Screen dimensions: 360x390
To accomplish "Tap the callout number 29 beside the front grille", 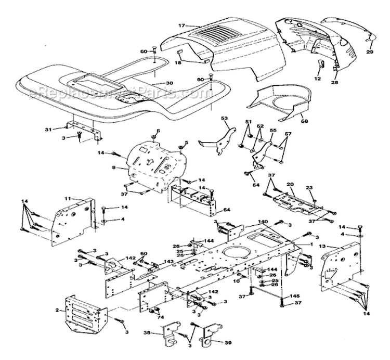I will click(370, 53).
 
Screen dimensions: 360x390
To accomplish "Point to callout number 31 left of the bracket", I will click(63, 130).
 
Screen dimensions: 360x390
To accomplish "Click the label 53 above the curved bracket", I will click(225, 119).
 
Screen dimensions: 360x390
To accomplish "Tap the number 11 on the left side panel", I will click(68, 199).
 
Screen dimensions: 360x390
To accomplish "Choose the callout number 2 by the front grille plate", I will click(56, 311).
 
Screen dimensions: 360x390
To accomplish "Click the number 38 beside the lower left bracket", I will click(147, 332).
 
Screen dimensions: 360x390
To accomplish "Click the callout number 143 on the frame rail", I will click(169, 262).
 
